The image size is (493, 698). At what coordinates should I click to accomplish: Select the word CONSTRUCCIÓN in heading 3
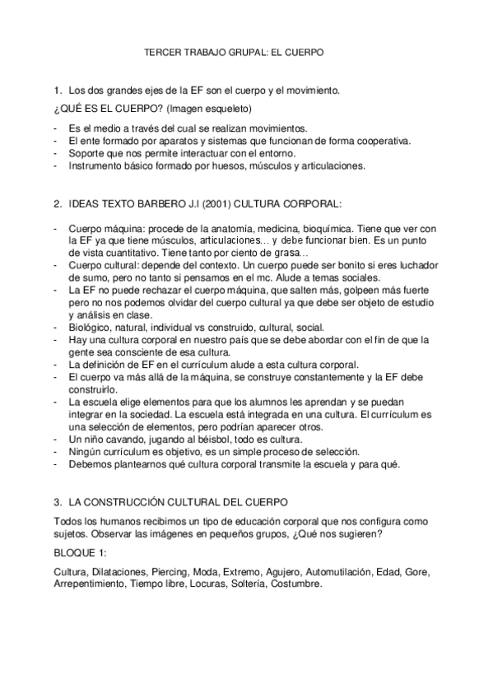pos(138,500)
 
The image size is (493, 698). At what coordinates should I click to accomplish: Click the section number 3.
pos(57,500)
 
